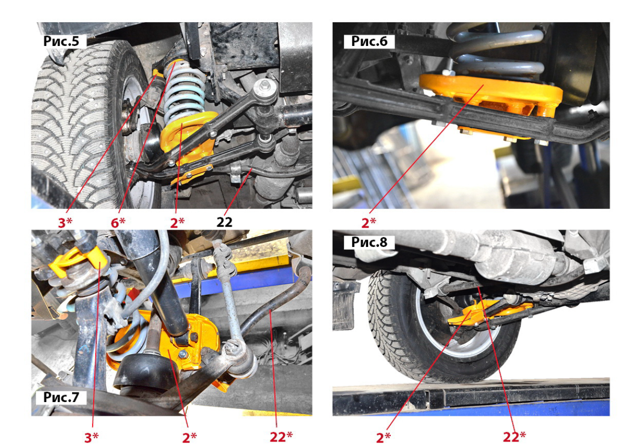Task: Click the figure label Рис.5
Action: click(61, 41)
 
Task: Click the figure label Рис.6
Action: click(369, 41)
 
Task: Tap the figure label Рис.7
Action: click(61, 397)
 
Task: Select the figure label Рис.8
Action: click(369, 242)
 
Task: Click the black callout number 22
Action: click(224, 222)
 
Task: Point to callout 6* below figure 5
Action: click(118, 222)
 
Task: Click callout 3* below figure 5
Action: click(65, 222)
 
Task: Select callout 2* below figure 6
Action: click(369, 223)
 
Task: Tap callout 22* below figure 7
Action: click(281, 437)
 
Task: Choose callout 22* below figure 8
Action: click(514, 437)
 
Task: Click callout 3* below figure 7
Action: click(91, 438)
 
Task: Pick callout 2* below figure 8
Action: click(383, 438)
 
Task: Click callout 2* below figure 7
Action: click(189, 438)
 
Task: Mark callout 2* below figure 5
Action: click(177, 222)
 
